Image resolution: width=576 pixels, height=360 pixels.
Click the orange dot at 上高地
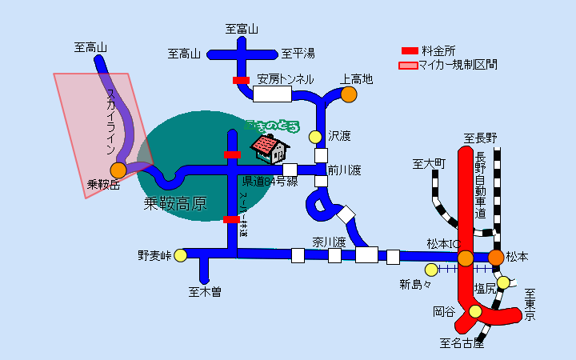tap(348, 94)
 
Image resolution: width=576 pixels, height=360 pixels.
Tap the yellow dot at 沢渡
tap(316, 137)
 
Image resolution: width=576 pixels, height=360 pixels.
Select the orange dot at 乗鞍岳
tap(118, 170)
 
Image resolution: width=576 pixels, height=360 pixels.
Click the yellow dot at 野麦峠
tap(181, 256)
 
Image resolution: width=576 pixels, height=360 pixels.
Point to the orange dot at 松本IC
tap(466, 258)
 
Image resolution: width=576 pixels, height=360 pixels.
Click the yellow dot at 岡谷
tap(476, 311)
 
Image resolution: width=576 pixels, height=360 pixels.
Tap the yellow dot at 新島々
tap(432, 270)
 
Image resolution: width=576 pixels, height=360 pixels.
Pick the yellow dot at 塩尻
tap(503, 282)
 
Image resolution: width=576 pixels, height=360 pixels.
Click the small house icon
tap(270, 146)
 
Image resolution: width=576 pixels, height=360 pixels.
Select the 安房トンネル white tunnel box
tap(272, 94)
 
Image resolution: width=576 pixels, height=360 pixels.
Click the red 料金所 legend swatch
tap(410, 50)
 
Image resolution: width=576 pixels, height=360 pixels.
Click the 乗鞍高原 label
tap(175, 204)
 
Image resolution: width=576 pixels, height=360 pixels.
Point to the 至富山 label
tap(242, 30)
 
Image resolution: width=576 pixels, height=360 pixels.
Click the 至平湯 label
tap(298, 54)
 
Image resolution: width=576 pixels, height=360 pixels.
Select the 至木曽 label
tap(205, 292)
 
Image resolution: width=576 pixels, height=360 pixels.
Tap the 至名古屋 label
tap(462, 345)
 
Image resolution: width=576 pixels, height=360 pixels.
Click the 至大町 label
tap(428, 164)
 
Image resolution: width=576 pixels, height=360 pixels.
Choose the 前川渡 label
tap(345, 170)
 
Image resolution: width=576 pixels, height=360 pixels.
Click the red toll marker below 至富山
tap(241, 80)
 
